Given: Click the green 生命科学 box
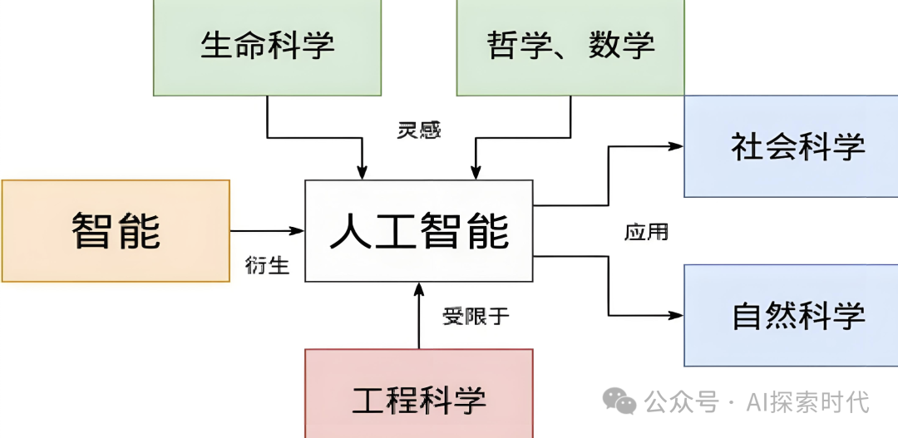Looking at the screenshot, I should [x=267, y=46].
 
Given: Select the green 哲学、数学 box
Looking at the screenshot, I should [x=570, y=46].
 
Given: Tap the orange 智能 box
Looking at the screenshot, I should [x=116, y=230].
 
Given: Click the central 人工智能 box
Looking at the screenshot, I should [x=418, y=230].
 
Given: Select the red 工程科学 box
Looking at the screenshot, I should [x=418, y=399].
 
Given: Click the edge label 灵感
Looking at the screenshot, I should [x=418, y=130].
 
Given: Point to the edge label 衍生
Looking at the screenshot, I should [x=267, y=265].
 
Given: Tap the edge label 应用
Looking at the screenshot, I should [x=646, y=231].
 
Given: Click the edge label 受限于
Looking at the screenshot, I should [x=476, y=316].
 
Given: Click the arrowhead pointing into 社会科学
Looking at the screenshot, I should [x=676, y=145].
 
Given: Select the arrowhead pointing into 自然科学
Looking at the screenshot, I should [x=676, y=315].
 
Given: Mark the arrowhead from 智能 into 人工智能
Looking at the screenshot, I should [x=298, y=230].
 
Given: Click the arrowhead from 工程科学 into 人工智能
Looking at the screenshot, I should [x=418, y=289].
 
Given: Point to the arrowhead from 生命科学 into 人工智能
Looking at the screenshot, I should [x=361, y=172].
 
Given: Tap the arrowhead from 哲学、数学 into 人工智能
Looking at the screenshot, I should [x=476, y=172].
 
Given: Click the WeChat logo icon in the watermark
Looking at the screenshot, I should [x=619, y=402].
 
